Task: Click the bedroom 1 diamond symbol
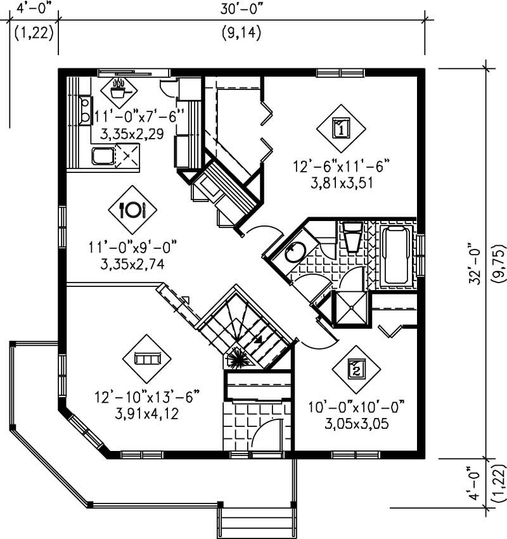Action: coord(340,128)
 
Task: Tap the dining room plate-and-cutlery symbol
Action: coord(133,209)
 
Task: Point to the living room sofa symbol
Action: coord(148,358)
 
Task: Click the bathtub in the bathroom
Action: coord(396,255)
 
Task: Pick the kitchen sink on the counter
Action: coord(103,156)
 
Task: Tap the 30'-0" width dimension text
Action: coord(241,10)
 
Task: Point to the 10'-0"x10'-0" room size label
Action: coord(356,406)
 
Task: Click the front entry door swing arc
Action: coord(267,434)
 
